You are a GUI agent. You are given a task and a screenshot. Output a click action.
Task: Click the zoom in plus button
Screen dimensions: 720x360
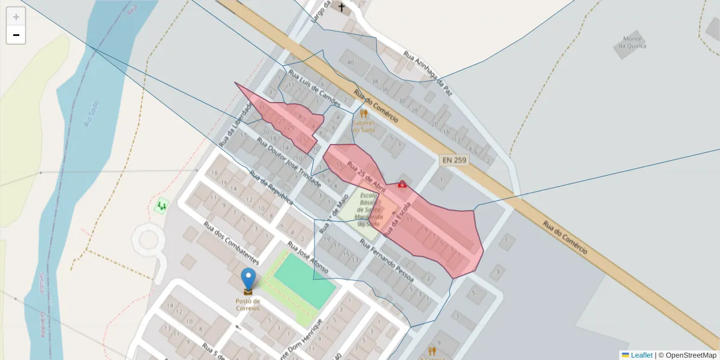16,17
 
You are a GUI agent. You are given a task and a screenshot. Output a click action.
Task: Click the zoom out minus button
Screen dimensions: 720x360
16,35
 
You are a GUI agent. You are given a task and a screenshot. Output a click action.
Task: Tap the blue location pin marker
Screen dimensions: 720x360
248,280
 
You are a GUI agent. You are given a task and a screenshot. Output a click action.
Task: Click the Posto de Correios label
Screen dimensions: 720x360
248,304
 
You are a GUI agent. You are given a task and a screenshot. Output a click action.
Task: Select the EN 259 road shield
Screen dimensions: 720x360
454,160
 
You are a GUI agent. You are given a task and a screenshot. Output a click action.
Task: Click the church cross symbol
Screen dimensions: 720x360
342,8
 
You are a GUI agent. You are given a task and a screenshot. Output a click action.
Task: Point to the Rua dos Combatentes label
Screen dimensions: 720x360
231,244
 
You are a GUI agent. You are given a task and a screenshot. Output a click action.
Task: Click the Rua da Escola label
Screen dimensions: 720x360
400,218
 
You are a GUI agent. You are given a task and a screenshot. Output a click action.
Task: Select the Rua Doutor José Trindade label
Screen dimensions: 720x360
289,163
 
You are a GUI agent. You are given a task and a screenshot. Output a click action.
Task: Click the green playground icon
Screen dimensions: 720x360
161,207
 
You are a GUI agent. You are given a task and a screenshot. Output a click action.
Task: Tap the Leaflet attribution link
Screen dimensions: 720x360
641,355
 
